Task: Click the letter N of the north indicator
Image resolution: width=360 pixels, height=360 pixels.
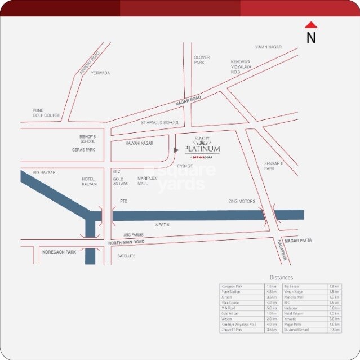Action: [311, 38]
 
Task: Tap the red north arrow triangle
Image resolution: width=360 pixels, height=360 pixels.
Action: [311, 25]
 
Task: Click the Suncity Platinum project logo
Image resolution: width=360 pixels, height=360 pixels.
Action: [201, 148]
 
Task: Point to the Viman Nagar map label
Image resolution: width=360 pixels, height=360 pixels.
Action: [268, 47]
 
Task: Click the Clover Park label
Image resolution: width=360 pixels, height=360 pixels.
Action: [202, 60]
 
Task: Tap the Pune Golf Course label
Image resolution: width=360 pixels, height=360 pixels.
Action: [46, 113]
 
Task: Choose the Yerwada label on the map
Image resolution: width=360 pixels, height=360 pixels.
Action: [101, 73]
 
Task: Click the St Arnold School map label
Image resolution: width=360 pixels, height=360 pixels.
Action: [160, 122]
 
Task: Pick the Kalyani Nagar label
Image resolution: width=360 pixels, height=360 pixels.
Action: [140, 144]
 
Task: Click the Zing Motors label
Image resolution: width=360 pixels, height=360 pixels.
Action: [242, 201]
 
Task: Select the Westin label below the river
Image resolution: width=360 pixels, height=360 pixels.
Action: [162, 225]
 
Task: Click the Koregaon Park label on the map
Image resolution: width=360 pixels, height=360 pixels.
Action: [59, 252]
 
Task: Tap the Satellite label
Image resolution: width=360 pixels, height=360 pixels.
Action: [126, 256]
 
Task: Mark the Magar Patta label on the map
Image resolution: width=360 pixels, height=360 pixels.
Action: [298, 241]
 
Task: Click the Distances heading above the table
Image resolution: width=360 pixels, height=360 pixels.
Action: [281, 278]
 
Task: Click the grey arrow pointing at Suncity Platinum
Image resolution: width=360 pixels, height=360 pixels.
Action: [176, 150]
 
